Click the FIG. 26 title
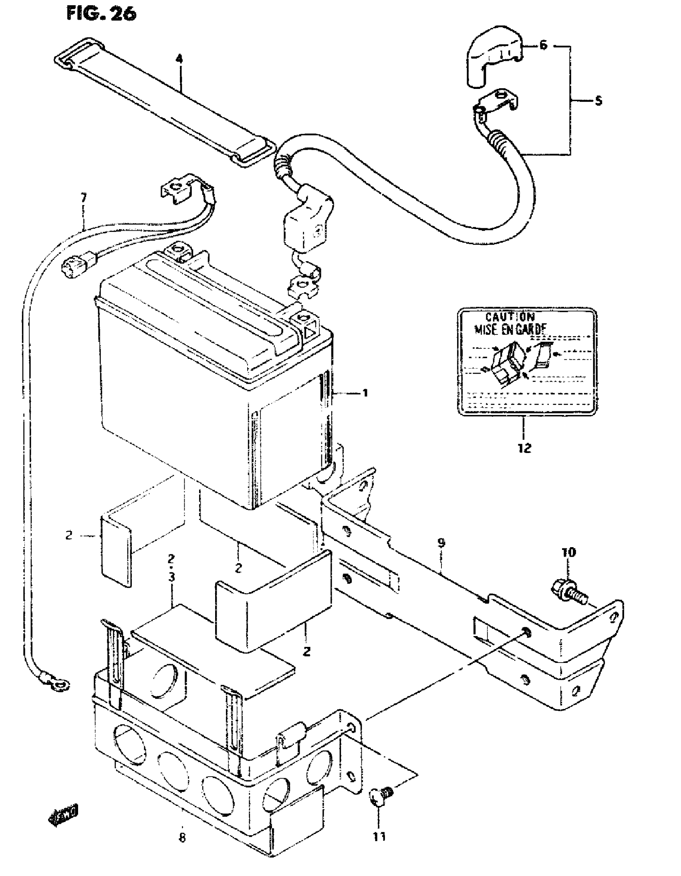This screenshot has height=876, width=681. tap(101, 14)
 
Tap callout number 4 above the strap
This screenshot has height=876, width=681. tap(179, 59)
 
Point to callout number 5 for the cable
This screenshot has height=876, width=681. tap(598, 101)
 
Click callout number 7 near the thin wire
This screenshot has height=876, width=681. tap(83, 198)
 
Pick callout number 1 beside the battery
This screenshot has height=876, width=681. tap(365, 393)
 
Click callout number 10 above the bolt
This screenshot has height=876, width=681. tap(569, 553)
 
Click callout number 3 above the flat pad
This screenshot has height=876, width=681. tap(172, 577)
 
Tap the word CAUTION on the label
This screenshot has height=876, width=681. tap(510, 317)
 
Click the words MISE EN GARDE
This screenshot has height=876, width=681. tap(510, 330)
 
